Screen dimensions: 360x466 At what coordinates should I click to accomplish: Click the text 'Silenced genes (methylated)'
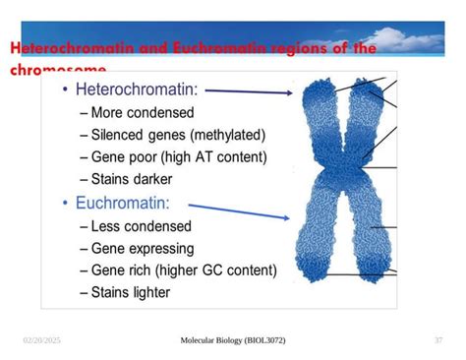pos(172,135)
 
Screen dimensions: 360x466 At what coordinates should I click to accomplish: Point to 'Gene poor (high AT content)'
pos(172,157)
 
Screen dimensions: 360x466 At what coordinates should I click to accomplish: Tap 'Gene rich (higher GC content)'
pos(178,270)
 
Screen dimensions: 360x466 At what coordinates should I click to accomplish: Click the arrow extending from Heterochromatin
pos(250,91)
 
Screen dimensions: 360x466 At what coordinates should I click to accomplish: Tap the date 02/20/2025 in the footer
pos(42,340)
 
